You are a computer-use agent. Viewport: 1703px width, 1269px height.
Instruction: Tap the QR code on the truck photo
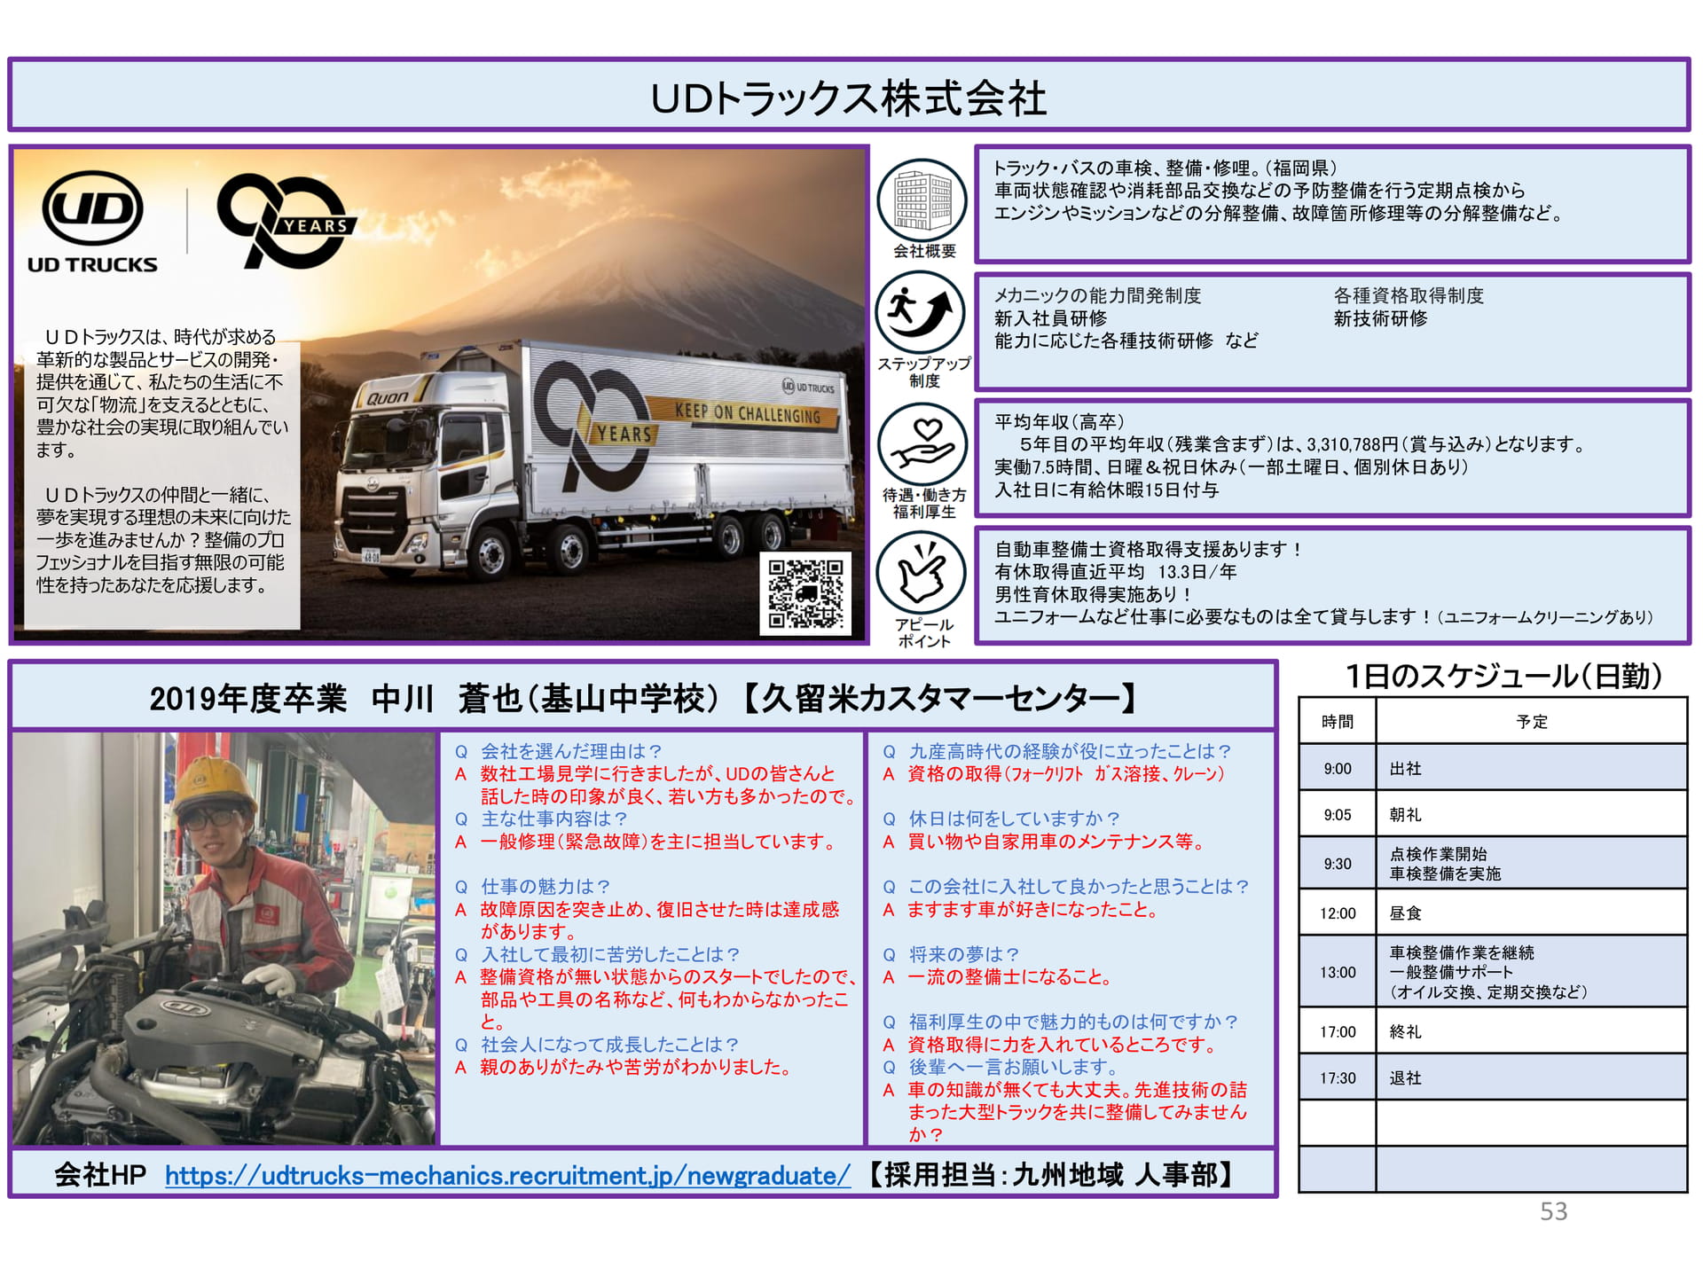804,593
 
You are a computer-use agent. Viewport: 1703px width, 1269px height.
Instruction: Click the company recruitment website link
507,1175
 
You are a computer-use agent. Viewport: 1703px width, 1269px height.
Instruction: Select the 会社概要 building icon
922,200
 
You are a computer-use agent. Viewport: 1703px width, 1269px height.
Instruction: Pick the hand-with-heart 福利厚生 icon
922,444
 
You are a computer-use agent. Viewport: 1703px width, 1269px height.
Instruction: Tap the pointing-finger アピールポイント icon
922,573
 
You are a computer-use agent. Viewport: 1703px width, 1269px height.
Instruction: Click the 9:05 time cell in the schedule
1338,814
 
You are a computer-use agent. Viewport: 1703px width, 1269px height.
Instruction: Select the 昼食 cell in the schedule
1531,913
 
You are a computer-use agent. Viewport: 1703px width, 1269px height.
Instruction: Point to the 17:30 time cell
1338,1077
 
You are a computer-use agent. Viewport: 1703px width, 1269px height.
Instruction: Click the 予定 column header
1531,721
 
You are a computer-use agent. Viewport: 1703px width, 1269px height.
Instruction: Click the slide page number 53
1553,1211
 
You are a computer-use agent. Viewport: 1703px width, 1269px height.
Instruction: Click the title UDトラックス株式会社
849,98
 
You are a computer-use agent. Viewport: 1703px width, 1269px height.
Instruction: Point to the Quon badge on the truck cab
388,398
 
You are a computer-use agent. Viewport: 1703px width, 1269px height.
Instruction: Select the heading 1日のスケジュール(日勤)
1503,677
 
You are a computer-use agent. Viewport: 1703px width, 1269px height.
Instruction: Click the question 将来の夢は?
963,954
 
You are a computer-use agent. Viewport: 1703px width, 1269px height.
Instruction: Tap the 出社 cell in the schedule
1531,768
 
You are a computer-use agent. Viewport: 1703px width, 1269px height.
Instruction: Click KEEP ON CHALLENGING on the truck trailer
748,412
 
